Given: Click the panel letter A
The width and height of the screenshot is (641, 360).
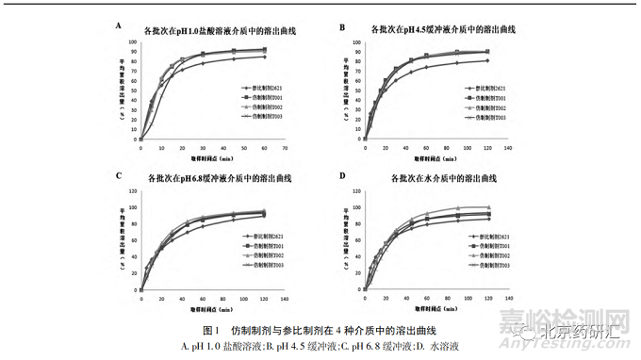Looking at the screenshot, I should coord(119,25).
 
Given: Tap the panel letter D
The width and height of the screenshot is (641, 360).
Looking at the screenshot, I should coord(343,176).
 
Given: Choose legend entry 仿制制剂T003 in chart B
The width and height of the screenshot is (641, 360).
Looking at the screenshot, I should coord(485,117).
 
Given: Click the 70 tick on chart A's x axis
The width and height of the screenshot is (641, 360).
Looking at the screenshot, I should coord(284,149).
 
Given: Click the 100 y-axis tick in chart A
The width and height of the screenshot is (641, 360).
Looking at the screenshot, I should coord(132,43).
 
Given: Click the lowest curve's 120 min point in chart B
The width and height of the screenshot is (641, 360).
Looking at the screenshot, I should coord(487,60).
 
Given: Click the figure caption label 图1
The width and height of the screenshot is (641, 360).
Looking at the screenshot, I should coord(210,331).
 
